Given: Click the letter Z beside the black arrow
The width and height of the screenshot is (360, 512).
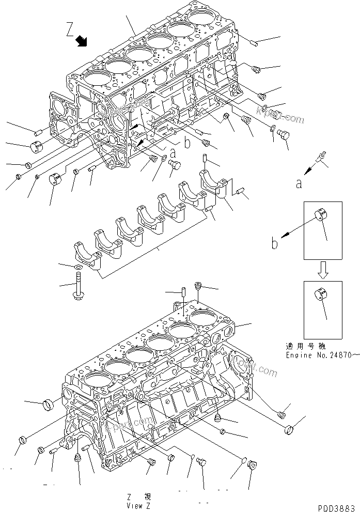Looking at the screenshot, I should coord(70,30).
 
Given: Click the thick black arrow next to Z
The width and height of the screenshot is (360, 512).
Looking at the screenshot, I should coord(81,41).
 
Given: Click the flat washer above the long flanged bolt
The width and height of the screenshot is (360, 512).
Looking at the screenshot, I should coord(77,267).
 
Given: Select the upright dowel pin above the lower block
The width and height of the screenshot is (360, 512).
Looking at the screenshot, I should coord(183,297).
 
